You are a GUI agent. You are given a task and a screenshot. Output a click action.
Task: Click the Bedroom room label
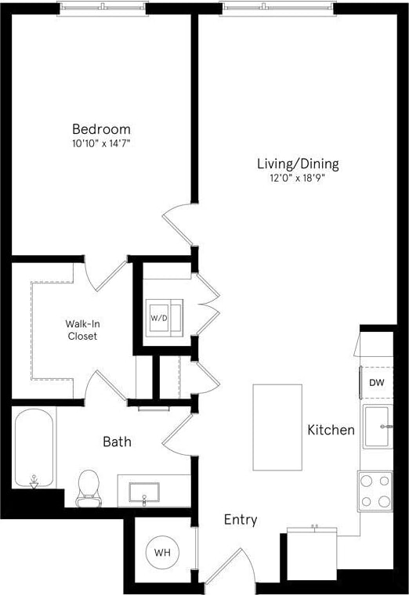pyautogui.click(x=101, y=129)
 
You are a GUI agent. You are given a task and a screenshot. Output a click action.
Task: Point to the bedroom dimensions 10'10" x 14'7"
pyautogui.click(x=101, y=144)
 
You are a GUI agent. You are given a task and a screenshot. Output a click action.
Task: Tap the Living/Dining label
pyautogui.click(x=298, y=164)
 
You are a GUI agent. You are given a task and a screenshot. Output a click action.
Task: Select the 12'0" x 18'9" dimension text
pyautogui.click(x=298, y=178)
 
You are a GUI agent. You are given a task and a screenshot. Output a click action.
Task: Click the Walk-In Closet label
pyautogui.click(x=81, y=329)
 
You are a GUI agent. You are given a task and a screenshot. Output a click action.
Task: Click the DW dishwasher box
pyautogui.click(x=376, y=383)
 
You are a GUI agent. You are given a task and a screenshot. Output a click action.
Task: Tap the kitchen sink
pyautogui.click(x=377, y=427)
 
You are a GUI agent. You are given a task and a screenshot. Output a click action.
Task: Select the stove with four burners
pyautogui.click(x=375, y=491)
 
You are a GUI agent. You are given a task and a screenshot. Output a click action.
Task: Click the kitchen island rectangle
pyautogui.click(x=277, y=427)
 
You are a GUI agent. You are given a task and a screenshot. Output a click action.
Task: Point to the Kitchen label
pyautogui.click(x=331, y=430)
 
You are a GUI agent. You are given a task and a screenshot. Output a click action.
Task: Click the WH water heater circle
pyautogui.click(x=162, y=553)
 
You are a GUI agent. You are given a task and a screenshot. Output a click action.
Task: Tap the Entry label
pyautogui.click(x=241, y=520)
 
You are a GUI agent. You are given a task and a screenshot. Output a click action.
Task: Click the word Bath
pyautogui.click(x=117, y=442)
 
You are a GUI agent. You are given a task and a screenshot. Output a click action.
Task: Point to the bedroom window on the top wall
pyautogui.click(x=103, y=9)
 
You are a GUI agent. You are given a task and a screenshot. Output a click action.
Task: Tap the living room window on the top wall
pyautogui.click(x=278, y=9)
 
